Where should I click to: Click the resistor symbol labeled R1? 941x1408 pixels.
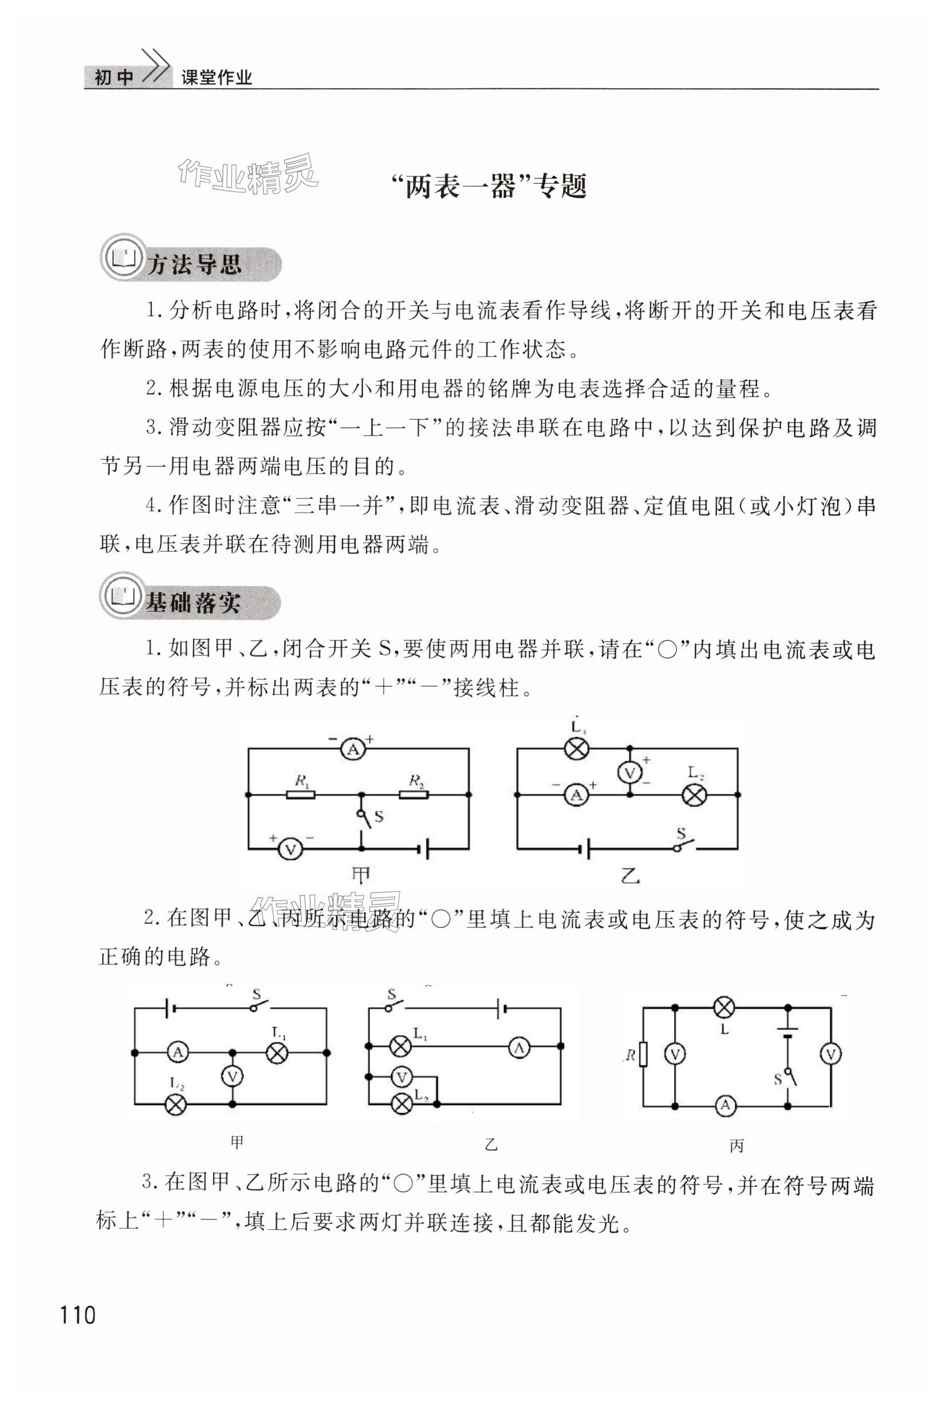coord(300,795)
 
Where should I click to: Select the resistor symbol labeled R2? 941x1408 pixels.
coord(414,795)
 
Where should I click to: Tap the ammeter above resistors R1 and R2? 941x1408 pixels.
coord(353,749)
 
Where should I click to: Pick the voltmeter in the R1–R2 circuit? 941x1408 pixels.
coord(291,849)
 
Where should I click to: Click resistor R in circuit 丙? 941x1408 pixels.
coord(643,1055)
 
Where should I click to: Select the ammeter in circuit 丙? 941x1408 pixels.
coord(725,1105)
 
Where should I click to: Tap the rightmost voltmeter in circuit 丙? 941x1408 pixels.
coord(830,1055)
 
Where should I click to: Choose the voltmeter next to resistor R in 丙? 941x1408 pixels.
coord(675,1055)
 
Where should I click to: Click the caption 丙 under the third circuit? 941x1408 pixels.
coord(737,1146)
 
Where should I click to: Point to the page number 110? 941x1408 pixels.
coord(77,1315)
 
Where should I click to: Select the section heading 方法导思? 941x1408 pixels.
coord(193,265)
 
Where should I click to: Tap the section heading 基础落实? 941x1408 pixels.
coord(192,603)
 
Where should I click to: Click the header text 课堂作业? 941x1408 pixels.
coord(216,77)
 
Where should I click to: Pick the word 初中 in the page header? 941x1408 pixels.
coord(113,77)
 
